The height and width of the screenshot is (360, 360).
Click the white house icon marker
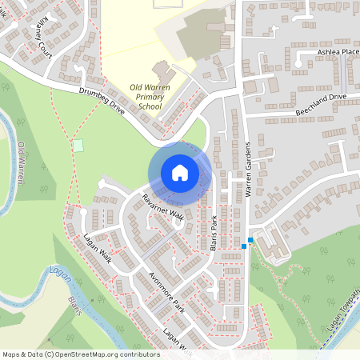coord(180,173)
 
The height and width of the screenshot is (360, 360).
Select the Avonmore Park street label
coord(166,291)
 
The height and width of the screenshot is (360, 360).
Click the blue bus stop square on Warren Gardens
coord(250,240)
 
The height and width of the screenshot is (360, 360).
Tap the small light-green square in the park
coord(78,146)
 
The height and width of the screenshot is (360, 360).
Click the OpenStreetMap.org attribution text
coord(112,354)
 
